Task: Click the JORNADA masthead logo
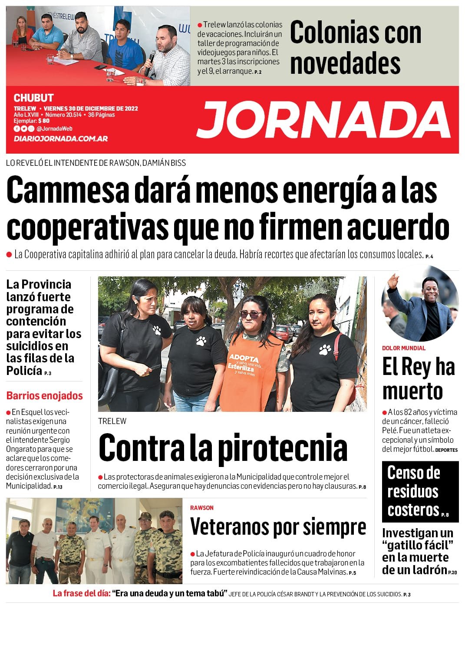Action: pos(323,120)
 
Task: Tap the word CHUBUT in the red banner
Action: pos(33,98)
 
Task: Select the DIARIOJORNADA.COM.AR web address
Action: pos(60,139)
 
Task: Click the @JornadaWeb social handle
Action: pos(54,128)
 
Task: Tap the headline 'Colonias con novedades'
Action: pos(355,47)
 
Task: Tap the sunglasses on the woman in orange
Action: pos(251,314)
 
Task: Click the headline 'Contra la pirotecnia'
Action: pos(223,447)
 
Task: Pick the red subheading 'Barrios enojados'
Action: pos(44,396)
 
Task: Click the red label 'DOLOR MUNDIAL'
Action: pos(403,348)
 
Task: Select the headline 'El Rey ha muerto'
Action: pos(418,378)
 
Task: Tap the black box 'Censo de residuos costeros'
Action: pos(420,491)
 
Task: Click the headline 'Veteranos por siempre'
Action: pos(278,527)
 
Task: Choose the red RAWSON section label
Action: pos(202,508)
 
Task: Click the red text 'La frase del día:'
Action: pos(82,594)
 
